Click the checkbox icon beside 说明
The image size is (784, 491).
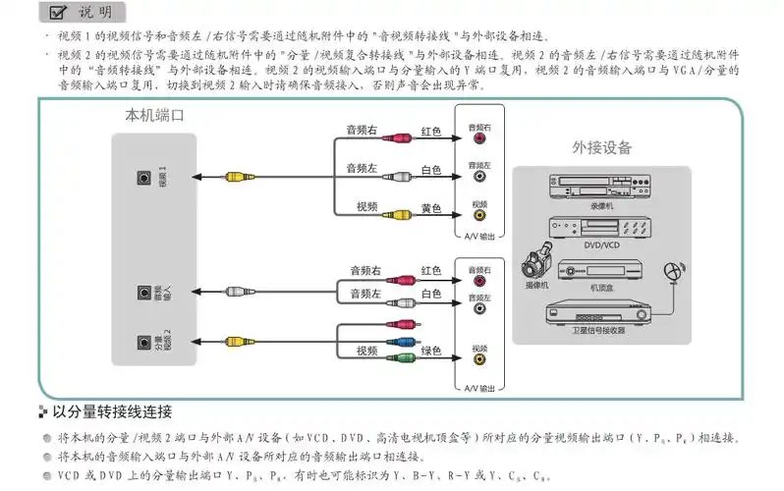tap(58, 12)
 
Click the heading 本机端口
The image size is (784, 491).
tap(154, 116)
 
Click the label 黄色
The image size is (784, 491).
tap(431, 208)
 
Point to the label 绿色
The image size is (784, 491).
tap(431, 351)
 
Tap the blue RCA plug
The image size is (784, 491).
tap(402, 342)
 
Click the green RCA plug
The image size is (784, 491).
tap(402, 357)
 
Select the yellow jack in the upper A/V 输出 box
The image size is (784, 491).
tap(479, 215)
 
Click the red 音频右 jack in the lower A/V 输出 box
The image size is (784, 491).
tap(479, 280)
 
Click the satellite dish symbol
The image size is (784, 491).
tap(671, 269)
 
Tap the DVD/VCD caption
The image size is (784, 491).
tap(600, 244)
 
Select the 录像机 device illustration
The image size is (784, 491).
tap(601, 186)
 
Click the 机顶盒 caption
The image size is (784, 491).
tap(601, 287)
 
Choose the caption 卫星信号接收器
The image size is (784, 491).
tap(599, 330)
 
